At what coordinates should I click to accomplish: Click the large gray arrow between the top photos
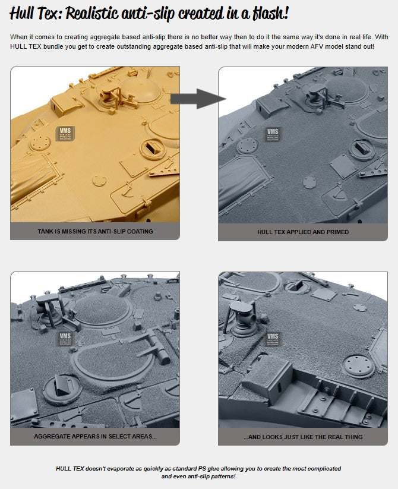pyautogui.click(x=198, y=99)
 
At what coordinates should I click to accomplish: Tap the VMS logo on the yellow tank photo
pyautogui.click(x=65, y=134)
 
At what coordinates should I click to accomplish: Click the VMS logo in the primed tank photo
pyautogui.click(x=273, y=134)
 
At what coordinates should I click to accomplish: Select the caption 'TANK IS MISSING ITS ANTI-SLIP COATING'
pyautogui.click(x=96, y=231)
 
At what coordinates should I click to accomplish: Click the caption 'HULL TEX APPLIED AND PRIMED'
pyautogui.click(x=303, y=232)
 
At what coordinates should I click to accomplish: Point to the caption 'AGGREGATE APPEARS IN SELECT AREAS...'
pyautogui.click(x=96, y=436)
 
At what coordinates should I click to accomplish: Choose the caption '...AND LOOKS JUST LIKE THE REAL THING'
pyautogui.click(x=303, y=437)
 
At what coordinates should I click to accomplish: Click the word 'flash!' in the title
pyautogui.click(x=270, y=14)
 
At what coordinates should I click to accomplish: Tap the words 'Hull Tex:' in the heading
pyautogui.click(x=36, y=14)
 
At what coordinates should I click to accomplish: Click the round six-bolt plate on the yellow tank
pyautogui.click(x=40, y=143)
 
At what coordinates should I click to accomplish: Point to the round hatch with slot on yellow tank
pyautogui.click(x=152, y=148)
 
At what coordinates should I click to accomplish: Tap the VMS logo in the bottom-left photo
pyautogui.click(x=65, y=339)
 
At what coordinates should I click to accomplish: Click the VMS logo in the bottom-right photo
pyautogui.click(x=273, y=339)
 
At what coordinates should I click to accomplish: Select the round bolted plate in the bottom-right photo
pyautogui.click(x=358, y=366)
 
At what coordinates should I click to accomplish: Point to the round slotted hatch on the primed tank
pyautogui.click(x=362, y=150)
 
